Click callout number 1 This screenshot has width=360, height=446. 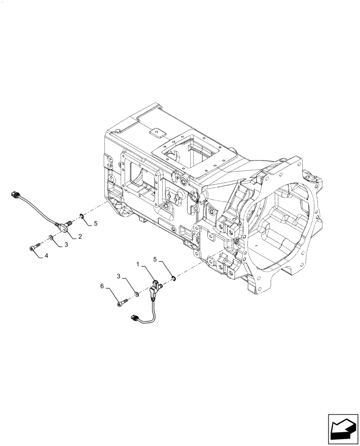[139, 264]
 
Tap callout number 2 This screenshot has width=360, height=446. [80, 236]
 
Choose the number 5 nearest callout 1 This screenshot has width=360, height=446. [155, 259]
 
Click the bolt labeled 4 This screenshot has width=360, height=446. [35, 248]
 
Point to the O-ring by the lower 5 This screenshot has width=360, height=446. [172, 279]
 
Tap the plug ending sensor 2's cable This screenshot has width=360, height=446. [16, 194]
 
